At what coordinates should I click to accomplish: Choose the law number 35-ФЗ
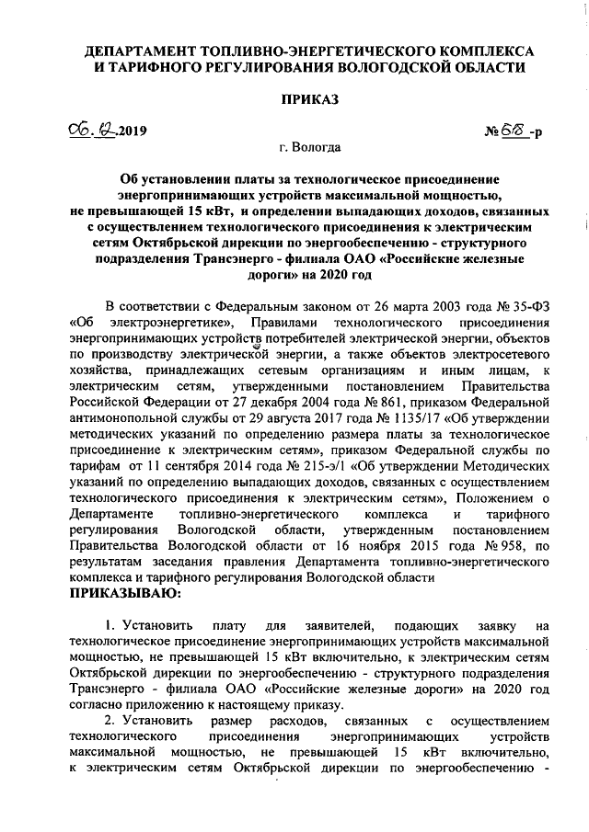point(526,305)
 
